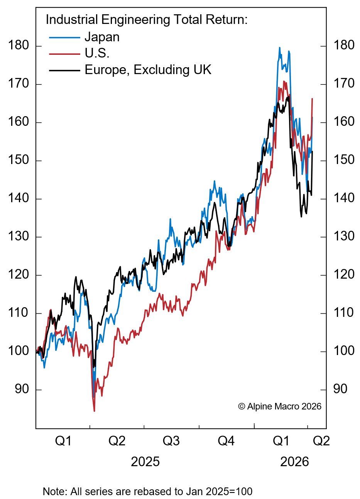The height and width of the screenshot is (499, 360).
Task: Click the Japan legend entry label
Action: coord(102,37)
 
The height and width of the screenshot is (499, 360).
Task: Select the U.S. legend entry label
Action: coord(97,54)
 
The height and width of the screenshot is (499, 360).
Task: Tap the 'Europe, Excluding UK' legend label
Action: coord(148,70)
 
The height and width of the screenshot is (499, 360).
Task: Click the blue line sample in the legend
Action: coord(64,38)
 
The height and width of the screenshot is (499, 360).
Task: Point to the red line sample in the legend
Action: coord(64,54)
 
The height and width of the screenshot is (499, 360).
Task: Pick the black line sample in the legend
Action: coord(64,70)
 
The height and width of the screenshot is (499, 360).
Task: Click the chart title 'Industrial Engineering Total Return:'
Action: coord(146,20)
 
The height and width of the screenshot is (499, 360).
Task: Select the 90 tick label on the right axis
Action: coord(340,389)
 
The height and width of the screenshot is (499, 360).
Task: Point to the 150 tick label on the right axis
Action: coord(343,160)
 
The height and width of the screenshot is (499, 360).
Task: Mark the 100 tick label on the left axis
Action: coord(19,351)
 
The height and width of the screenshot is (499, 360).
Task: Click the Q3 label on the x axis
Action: coord(171,441)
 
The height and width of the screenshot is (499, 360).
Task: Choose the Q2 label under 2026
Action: coord(321,441)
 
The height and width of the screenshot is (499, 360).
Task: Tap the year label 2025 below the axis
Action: coord(145,462)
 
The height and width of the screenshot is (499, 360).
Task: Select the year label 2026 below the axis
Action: coord(294,462)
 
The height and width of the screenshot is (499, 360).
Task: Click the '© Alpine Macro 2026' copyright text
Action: coord(280,406)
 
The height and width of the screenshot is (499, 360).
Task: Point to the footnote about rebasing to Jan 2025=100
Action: coord(147,492)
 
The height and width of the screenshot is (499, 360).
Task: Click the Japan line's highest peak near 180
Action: coord(279,48)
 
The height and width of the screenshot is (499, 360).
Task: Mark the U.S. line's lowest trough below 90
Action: coord(94,411)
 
